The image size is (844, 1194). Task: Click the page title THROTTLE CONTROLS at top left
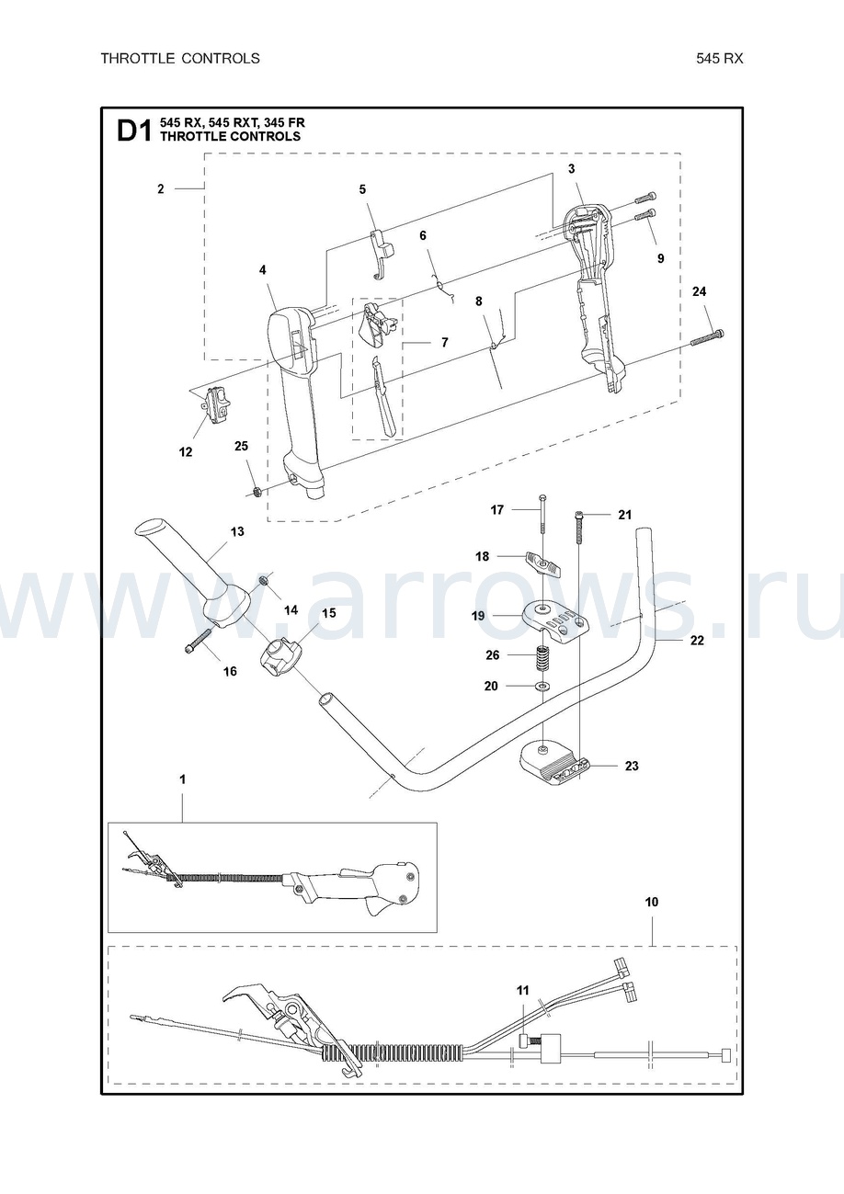(x=180, y=59)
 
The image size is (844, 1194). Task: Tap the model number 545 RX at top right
(x=719, y=59)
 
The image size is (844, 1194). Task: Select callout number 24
(x=699, y=291)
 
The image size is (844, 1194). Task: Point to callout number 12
(x=186, y=452)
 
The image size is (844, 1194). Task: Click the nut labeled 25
(x=257, y=492)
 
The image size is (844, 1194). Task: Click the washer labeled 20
(x=543, y=685)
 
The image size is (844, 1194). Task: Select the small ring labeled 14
(x=263, y=580)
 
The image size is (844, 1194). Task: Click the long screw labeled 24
(x=707, y=337)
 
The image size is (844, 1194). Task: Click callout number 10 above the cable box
(x=652, y=902)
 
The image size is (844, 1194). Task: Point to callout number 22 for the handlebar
(x=698, y=641)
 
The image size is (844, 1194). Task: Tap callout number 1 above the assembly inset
(x=182, y=779)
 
